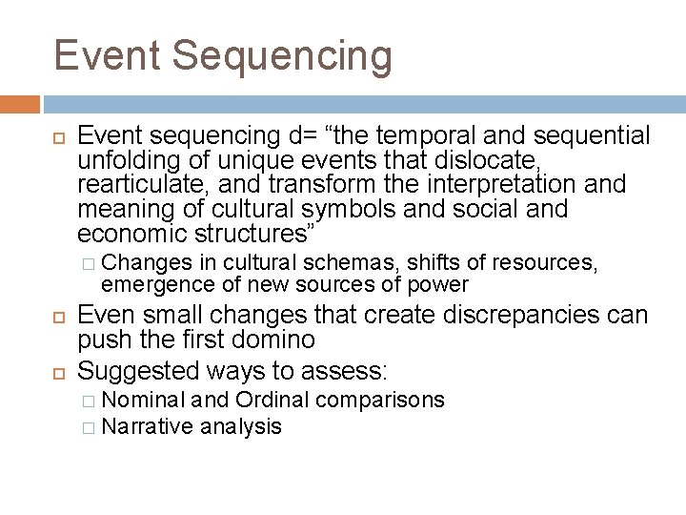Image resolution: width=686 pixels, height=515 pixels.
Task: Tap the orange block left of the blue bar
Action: pos(20,104)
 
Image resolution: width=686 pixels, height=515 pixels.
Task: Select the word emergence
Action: pos(148,284)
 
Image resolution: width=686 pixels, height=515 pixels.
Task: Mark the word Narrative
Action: pos(145,425)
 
